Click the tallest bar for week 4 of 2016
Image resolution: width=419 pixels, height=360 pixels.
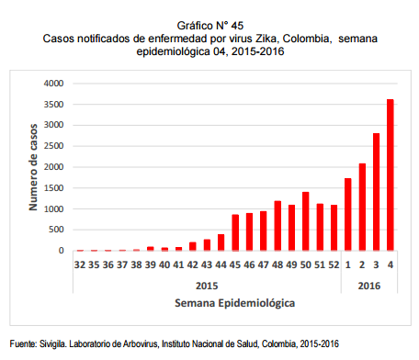[x=390, y=174]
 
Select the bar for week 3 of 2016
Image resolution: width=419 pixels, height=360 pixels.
[x=376, y=192]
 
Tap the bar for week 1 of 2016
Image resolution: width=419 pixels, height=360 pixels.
[x=347, y=214]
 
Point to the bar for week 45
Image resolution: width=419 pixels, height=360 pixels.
[x=235, y=232]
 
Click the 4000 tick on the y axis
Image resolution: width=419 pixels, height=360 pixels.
[x=53, y=84]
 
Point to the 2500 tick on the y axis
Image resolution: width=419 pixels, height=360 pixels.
[x=53, y=146]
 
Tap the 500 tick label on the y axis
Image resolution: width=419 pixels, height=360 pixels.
[x=56, y=230]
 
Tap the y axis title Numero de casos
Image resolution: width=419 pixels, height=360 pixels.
[x=31, y=166]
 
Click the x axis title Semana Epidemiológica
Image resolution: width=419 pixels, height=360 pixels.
[x=235, y=300]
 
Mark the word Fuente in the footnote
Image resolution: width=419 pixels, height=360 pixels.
[x=21, y=343]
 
